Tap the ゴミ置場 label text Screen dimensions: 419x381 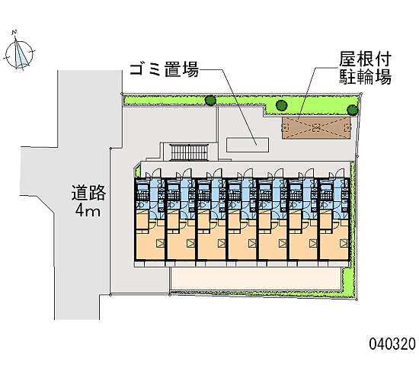click(x=165, y=69)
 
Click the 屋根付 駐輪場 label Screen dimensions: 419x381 click(x=365, y=68)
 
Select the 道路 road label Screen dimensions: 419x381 click(x=88, y=193)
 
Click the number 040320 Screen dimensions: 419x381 click(x=392, y=344)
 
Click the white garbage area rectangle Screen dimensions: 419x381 click(x=248, y=145)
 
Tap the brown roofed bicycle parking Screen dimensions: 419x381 click(x=316, y=128)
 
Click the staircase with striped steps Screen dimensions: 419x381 click(x=189, y=152)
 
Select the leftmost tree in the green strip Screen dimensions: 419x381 click(x=210, y=101)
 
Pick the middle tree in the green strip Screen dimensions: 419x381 click(x=281, y=105)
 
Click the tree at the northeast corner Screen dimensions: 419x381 click(x=353, y=110)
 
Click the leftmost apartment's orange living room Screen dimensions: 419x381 click(x=149, y=243)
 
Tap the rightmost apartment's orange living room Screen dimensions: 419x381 click(x=333, y=243)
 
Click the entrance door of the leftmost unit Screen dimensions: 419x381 click(x=157, y=173)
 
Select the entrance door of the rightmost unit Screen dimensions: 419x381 click(x=340, y=173)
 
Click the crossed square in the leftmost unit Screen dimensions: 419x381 click(x=160, y=243)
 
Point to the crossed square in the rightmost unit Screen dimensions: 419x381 click(x=344, y=243)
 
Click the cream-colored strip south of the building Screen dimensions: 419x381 click(x=256, y=279)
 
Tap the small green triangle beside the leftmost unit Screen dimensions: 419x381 click(x=138, y=171)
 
